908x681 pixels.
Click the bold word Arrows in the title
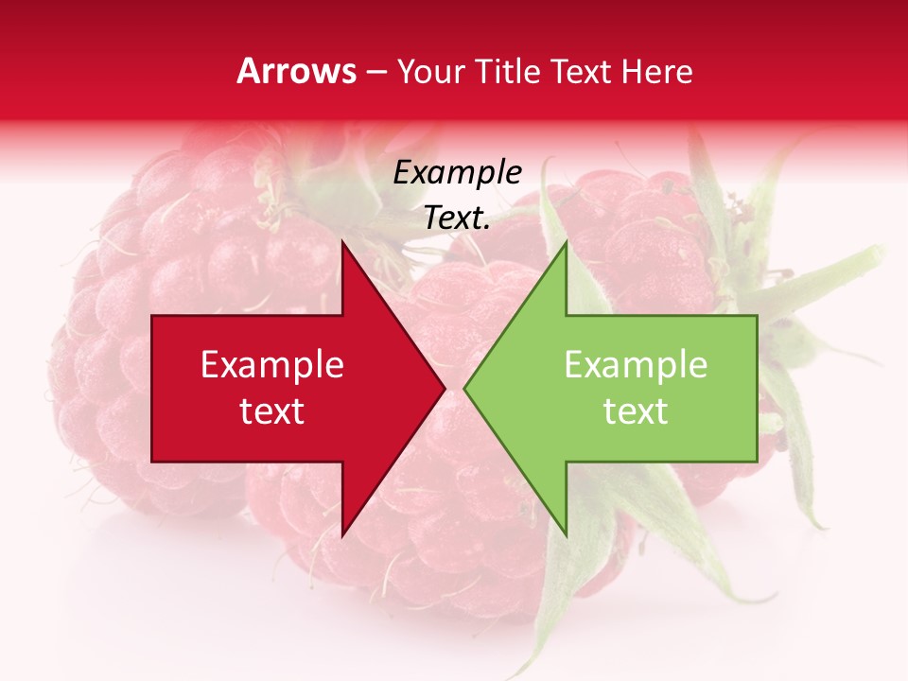click(x=296, y=71)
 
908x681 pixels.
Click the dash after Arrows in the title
click(x=375, y=72)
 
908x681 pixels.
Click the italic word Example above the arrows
click(x=457, y=172)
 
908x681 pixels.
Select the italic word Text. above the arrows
click(x=457, y=218)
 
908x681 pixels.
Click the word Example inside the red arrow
click(x=272, y=365)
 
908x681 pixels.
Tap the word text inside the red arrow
click(x=272, y=410)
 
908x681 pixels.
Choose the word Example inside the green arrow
click(x=636, y=365)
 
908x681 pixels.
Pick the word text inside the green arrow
click(x=636, y=410)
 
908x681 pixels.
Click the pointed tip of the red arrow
click(x=445, y=388)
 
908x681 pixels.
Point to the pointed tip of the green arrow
click(x=464, y=388)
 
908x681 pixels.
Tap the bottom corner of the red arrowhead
click(x=342, y=535)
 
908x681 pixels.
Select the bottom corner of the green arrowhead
click(x=566, y=535)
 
